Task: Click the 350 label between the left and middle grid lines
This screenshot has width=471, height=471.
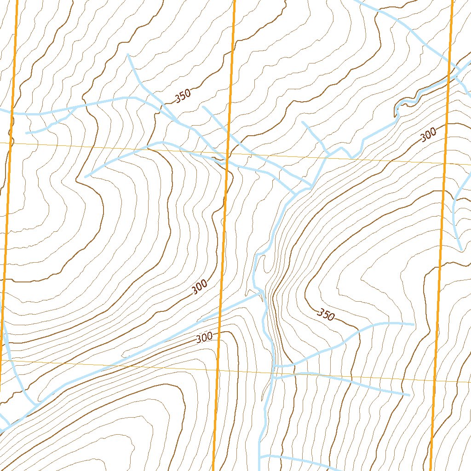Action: [183, 96]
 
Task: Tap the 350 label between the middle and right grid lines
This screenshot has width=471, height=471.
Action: [326, 315]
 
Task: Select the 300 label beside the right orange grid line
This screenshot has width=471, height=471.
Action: [428, 135]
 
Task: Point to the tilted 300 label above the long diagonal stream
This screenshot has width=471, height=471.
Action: [200, 287]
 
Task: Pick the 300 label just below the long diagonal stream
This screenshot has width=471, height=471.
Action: [204, 337]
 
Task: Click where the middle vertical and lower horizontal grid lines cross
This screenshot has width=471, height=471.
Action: [218, 369]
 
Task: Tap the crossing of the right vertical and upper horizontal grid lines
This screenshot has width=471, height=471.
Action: [445, 163]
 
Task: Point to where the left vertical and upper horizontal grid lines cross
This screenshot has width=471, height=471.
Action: [10, 143]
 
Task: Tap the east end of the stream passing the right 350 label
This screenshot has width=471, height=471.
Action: [414, 324]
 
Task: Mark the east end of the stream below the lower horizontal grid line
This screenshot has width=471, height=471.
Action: [408, 395]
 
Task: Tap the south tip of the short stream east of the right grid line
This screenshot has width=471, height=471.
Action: [461, 249]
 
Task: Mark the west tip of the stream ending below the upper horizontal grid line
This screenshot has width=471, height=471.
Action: [86, 177]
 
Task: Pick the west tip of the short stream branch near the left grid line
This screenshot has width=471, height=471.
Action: [26, 133]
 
